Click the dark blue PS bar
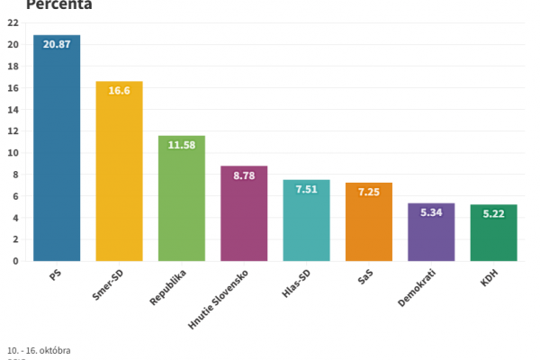pyautogui.click(x=57, y=153)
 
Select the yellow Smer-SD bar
pyautogui.click(x=119, y=175)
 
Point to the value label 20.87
pyautogui.click(x=57, y=45)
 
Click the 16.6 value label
pyautogui.click(x=119, y=91)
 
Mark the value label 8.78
pyautogui.click(x=244, y=175)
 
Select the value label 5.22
pyautogui.click(x=493, y=214)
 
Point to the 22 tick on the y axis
pyautogui.click(x=13, y=23)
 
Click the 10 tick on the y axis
pyautogui.click(x=13, y=153)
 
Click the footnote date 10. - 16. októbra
pyautogui.click(x=39, y=349)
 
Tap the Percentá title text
pyautogui.click(x=59, y=4)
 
